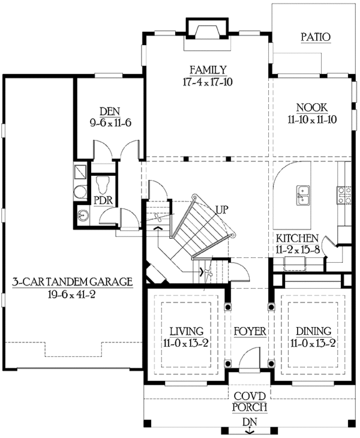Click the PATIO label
[315, 37]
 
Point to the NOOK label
[312, 107]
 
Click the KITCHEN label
[297, 238]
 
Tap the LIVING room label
[185, 331]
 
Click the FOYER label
[250, 331]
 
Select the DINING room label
[313, 331]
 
